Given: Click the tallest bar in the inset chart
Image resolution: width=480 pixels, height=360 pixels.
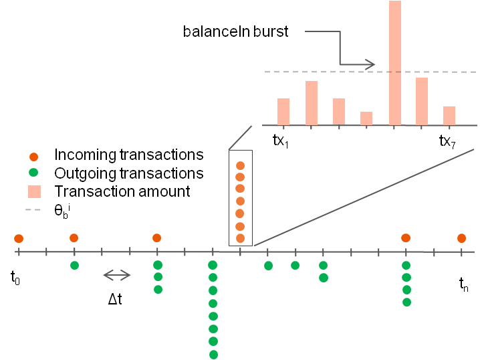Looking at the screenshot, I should coord(395,63).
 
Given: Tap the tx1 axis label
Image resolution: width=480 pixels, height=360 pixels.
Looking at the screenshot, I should coord(281,141).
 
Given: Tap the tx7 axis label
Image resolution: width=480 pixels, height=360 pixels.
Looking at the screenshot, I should coord(447,141).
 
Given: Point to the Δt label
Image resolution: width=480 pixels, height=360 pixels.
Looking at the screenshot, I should coord(115,299).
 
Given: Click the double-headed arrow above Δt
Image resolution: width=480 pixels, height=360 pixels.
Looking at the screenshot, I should coord(118,275).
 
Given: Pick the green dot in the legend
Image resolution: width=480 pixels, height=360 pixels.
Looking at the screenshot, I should coord(35,173).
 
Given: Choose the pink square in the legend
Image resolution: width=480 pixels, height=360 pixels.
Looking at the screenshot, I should coord(35,192).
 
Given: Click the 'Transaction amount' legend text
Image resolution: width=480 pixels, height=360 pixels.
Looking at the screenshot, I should coord(122,192).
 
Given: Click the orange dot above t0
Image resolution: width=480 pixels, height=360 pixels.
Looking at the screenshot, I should coord(19,239).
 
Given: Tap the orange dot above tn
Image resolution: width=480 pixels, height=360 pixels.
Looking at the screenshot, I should coord(461,238).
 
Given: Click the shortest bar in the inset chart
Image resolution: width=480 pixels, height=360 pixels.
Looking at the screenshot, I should coord(366,118).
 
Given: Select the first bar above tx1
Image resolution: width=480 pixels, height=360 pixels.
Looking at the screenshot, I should coord(283,112).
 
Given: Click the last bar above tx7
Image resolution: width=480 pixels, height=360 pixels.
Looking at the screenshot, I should coord(449,116).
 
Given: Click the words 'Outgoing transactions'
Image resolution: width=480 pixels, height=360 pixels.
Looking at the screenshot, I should coord(129,173).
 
